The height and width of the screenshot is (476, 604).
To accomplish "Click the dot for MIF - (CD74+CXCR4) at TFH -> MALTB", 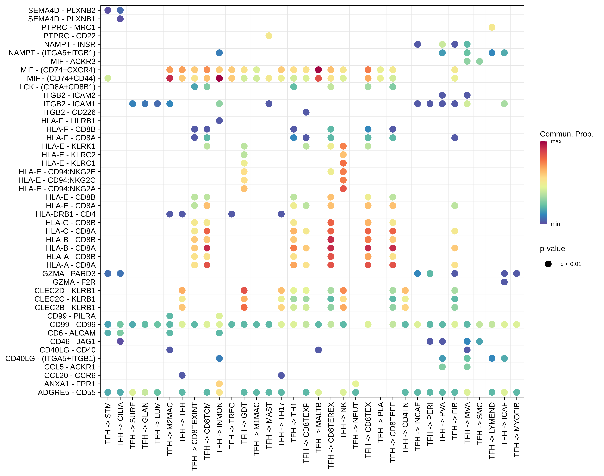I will click(x=318, y=70).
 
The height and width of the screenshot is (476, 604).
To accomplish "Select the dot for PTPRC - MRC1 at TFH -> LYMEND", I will click(x=492, y=27).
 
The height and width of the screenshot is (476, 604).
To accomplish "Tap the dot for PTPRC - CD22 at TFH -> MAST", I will click(x=269, y=36).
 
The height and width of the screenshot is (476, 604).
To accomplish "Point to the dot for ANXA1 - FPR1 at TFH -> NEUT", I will click(x=355, y=384).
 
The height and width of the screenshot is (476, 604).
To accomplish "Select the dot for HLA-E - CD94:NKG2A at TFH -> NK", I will click(x=343, y=189).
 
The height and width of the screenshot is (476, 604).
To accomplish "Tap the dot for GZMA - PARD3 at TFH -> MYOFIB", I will click(x=516, y=273).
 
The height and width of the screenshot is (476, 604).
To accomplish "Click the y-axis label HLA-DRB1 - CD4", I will click(x=65, y=214).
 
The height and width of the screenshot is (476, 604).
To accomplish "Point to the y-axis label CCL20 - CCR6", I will click(x=70, y=375).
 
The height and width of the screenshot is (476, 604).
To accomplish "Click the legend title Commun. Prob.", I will click(x=566, y=134).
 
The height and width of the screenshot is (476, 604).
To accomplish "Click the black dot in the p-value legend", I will click(x=548, y=264).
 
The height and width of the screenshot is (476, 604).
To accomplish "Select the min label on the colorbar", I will click(x=555, y=224).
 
